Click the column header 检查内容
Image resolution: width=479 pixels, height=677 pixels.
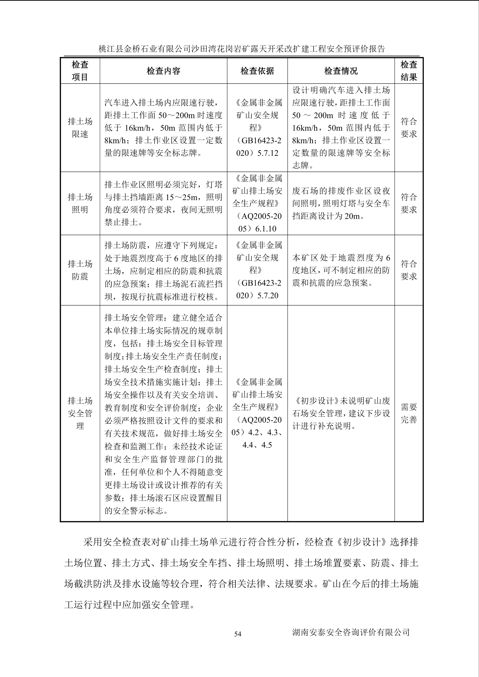pos(163,71)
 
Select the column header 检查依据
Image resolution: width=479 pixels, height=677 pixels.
pos(257,71)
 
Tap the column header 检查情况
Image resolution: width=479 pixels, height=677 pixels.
pos(341,71)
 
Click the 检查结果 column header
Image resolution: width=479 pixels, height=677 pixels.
pos(409,71)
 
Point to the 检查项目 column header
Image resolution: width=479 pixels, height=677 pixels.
pos(80,71)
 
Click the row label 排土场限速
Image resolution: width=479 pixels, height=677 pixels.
pos(80,128)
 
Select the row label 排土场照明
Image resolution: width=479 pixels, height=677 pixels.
pos(80,203)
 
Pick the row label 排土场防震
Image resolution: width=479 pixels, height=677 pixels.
pos(80,270)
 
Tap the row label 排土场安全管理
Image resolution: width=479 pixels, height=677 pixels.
pos(80,413)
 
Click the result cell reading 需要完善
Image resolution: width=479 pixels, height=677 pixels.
pos(409,413)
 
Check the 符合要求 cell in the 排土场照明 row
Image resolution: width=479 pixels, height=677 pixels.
pos(409,203)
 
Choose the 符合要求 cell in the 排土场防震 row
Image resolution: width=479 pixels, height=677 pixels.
pos(409,270)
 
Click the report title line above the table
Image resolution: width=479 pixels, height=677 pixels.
pos(241,49)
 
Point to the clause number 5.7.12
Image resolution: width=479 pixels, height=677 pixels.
pos(268,153)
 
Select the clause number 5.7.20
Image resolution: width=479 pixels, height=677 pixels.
pos(268,296)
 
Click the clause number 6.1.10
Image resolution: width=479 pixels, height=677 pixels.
pos(266,229)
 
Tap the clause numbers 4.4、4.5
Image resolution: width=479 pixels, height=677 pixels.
pos(257,445)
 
